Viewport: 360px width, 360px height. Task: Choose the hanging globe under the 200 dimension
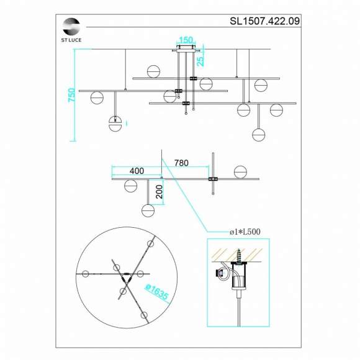coord(148,210)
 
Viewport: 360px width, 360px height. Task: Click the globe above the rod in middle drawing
coord(240,172)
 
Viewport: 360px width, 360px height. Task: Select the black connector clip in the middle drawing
coord(213,179)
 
